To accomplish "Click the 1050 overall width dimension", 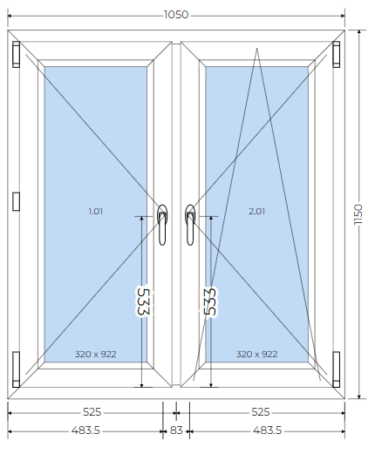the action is [176, 15].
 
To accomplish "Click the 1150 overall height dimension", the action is [358, 214].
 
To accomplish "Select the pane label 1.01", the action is [96, 211].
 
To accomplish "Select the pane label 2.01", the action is [257, 211].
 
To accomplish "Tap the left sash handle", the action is [162, 225].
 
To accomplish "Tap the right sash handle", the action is [190, 225].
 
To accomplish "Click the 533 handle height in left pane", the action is [143, 302].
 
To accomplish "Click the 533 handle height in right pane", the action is [210, 302].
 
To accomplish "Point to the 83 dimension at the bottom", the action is [176, 430].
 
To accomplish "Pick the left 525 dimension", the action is [92, 412].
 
